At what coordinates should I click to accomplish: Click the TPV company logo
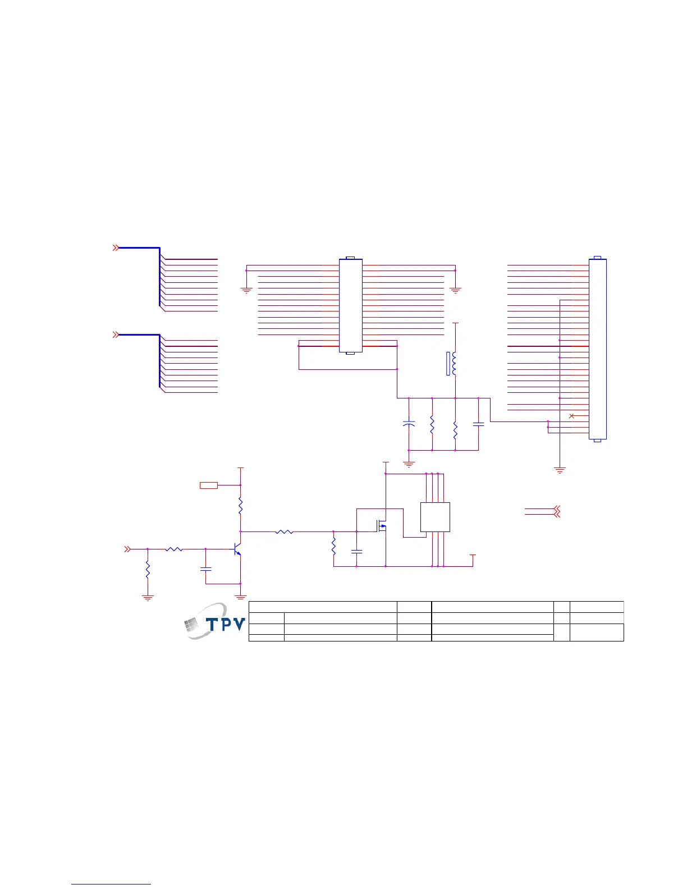(216, 621)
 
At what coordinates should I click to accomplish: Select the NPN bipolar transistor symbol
(237, 549)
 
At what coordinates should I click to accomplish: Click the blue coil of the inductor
(454, 363)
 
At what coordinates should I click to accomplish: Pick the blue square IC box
(435, 517)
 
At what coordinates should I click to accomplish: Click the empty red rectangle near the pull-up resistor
(209, 485)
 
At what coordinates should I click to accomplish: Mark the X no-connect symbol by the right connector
(571, 416)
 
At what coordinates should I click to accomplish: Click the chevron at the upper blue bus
(116, 248)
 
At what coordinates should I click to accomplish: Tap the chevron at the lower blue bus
(116, 334)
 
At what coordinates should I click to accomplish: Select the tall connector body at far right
(597, 349)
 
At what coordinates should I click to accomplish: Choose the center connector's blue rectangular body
(350, 305)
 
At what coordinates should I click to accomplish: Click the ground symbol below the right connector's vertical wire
(560, 470)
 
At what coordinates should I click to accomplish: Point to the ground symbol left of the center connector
(246, 290)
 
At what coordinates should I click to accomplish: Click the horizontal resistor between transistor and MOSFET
(285, 531)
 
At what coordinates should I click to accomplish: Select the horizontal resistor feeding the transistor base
(175, 549)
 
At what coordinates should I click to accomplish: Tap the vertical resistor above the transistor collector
(240, 507)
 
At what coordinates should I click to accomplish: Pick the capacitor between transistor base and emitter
(205, 569)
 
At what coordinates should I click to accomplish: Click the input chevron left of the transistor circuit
(127, 549)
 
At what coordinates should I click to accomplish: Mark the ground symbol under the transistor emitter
(240, 597)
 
